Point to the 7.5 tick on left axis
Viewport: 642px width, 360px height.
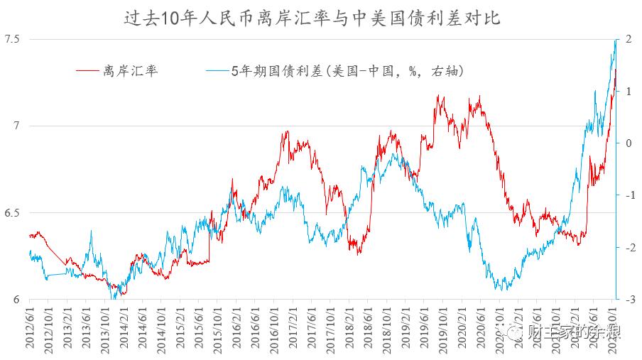tap(13, 39)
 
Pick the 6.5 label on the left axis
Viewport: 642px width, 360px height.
tap(13, 213)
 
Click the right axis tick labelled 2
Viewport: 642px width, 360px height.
tap(629, 39)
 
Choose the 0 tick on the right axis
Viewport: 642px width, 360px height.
tap(629, 143)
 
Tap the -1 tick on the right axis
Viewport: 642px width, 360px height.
tap(627, 195)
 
